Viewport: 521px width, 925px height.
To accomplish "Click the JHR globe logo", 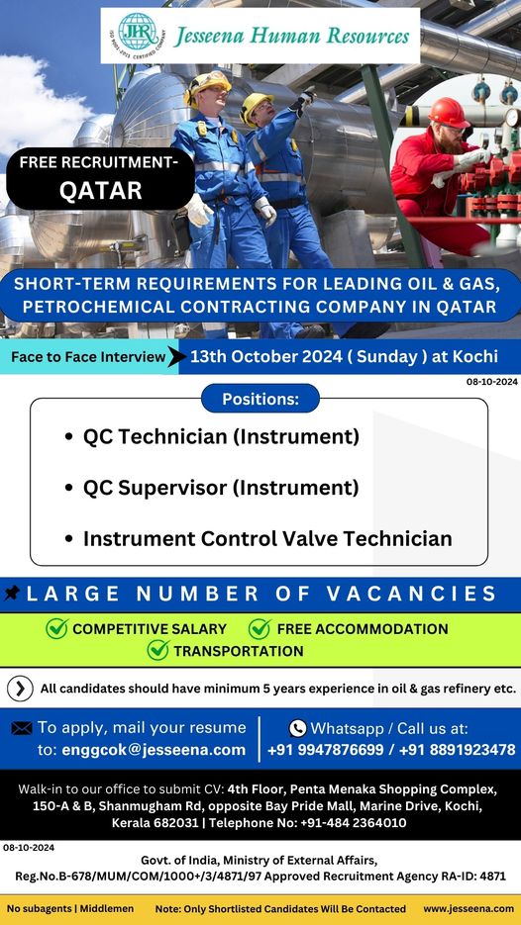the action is pyautogui.click(x=138, y=33).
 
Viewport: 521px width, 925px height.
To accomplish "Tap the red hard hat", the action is pyautogui.click(x=449, y=113).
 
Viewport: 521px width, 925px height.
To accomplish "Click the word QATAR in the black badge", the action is pyautogui.click(x=101, y=191).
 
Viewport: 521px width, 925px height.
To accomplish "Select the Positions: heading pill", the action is pyautogui.click(x=260, y=399).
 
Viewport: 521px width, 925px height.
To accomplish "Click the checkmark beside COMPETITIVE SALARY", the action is pyautogui.click(x=56, y=629).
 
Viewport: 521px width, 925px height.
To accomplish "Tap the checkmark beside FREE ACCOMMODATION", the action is pyautogui.click(x=260, y=629).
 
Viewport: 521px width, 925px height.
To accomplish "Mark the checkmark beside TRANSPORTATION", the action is pyautogui.click(x=158, y=650).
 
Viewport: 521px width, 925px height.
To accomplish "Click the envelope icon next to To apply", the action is pyautogui.click(x=22, y=728).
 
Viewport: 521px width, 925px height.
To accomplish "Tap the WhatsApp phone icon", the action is pyautogui.click(x=298, y=728).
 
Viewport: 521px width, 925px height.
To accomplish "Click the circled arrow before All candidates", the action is pyautogui.click(x=20, y=689).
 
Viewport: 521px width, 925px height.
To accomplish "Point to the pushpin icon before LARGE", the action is pyautogui.click(x=12, y=593).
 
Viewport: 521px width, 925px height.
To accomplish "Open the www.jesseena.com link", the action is pyautogui.click(x=469, y=908).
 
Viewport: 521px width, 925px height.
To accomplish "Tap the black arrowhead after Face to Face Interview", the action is pyautogui.click(x=173, y=356).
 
